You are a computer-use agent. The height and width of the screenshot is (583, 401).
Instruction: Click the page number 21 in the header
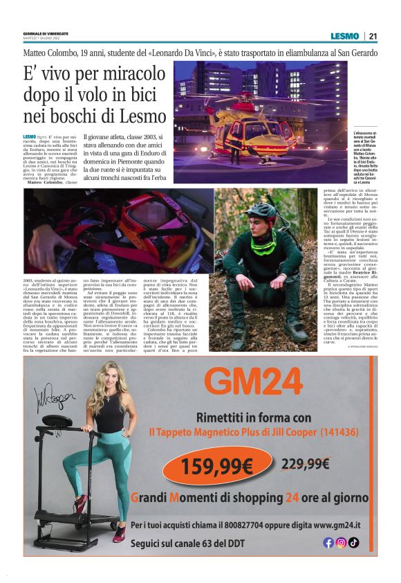[372, 36]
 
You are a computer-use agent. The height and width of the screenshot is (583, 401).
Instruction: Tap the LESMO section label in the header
[344, 36]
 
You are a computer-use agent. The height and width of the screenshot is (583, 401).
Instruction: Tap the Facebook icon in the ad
[328, 542]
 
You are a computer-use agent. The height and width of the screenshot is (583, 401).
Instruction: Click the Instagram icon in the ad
[341, 542]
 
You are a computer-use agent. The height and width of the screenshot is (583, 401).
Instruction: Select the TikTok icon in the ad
[353, 542]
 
